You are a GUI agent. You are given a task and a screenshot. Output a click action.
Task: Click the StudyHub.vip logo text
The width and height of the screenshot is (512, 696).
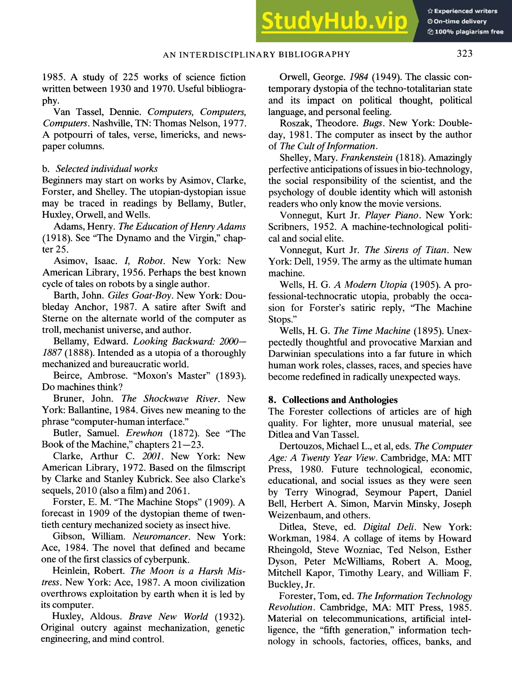coord(334,21)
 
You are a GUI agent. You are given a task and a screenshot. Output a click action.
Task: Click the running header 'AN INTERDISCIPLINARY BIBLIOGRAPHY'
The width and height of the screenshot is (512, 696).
coord(256,55)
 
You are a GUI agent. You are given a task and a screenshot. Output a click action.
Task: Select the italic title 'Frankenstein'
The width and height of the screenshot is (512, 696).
coord(367,158)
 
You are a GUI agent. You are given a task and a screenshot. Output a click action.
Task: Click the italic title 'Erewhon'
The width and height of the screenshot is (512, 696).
coord(144,433)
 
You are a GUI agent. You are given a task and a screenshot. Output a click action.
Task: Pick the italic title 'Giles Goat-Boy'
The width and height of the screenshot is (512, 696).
coord(139,295)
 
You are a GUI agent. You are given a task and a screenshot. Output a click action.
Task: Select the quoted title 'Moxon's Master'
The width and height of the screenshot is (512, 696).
coord(171,376)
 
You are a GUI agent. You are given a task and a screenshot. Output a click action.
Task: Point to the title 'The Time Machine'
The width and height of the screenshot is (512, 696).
coord(371,331)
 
